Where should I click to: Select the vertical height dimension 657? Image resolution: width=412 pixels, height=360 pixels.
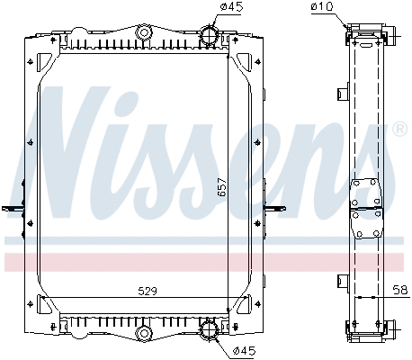[x=221, y=188]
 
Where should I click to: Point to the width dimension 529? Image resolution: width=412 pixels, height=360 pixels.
[x=135, y=290]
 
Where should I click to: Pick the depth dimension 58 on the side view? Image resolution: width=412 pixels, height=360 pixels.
[x=400, y=290]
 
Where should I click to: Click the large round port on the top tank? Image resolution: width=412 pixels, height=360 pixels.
[x=209, y=37]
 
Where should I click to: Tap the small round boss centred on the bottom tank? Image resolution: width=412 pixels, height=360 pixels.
[x=142, y=335]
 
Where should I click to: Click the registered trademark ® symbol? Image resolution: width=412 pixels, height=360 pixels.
[x=399, y=130]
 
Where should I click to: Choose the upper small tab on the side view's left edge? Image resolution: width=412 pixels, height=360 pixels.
[x=343, y=93]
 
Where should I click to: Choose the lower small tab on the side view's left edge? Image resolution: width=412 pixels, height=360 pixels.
[x=343, y=278]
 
